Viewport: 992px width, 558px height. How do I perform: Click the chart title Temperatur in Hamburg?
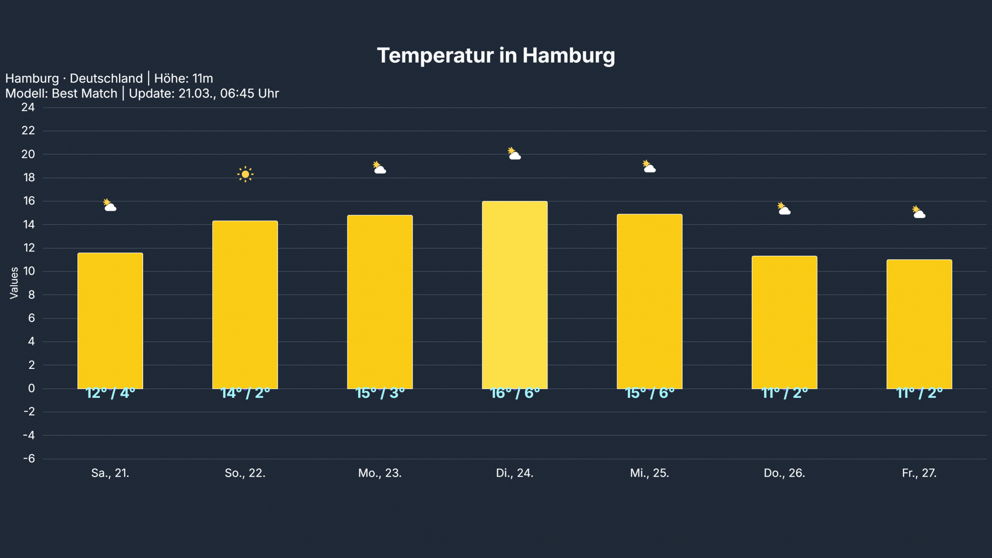(496, 55)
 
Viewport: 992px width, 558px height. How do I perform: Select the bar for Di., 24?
(515, 294)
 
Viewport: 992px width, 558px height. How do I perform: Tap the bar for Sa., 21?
(110, 320)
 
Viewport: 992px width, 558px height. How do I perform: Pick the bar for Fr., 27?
(919, 324)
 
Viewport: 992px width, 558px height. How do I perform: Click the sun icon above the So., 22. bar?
(245, 174)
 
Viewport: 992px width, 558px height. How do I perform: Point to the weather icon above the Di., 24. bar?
(514, 154)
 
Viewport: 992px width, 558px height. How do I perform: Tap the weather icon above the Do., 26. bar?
(784, 209)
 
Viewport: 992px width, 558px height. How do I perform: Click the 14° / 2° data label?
(245, 393)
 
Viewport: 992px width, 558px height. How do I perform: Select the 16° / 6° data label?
(515, 393)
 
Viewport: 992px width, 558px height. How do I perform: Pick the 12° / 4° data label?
(110, 393)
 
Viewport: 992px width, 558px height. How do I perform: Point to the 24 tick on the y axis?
(28, 107)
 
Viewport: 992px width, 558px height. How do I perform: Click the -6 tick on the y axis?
(29, 459)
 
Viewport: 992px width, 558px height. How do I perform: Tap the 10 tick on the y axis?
(29, 271)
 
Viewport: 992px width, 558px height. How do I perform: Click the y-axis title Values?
(14, 283)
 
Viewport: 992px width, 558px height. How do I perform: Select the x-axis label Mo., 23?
(380, 473)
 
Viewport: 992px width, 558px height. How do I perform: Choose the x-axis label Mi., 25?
(649, 473)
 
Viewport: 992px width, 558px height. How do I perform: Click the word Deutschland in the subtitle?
(106, 78)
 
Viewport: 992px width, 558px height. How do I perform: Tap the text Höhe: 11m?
(184, 78)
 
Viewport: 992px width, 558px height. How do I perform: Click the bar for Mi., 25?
(649, 301)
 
